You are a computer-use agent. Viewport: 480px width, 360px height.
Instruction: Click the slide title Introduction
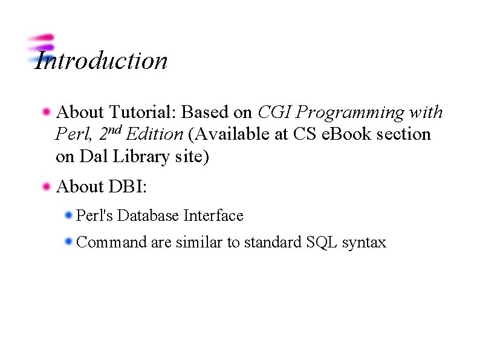[101, 61]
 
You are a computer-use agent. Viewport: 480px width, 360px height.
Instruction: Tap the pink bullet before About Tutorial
[46, 112]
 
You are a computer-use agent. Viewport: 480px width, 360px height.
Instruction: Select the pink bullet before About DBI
[46, 187]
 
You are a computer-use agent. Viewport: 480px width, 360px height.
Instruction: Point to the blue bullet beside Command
[68, 242]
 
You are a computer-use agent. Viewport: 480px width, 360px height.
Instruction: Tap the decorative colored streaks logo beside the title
[41, 48]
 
